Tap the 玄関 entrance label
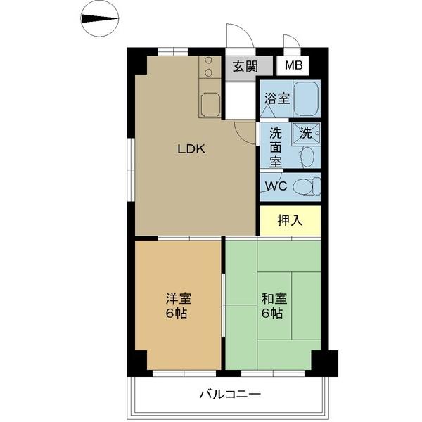tap(244, 67)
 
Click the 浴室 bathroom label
tap(276, 98)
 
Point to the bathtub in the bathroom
tap(306, 98)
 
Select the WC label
tap(275, 187)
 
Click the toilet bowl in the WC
tap(305, 187)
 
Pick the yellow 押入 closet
tap(290, 220)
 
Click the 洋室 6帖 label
tap(177, 305)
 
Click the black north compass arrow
tap(99, 19)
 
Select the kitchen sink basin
tap(210, 105)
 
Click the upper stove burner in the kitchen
tap(210, 62)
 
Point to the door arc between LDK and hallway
tap(244, 130)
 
